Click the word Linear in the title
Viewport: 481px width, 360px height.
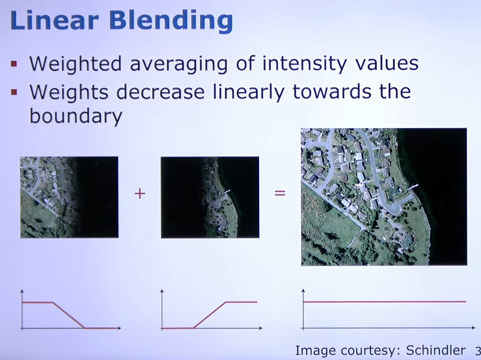[54, 20]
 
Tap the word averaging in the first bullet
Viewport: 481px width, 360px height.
[178, 64]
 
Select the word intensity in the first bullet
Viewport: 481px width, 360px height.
[305, 64]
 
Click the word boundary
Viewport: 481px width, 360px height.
[76, 116]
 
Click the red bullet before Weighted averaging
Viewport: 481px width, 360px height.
[14, 64]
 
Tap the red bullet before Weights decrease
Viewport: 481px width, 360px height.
[14, 92]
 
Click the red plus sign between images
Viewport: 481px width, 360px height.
[140, 194]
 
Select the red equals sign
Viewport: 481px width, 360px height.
[280, 193]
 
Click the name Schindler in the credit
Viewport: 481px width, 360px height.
[436, 350]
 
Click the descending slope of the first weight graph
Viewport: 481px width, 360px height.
[68, 315]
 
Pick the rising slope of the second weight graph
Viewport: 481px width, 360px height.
[210, 315]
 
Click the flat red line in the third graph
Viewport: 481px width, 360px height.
[385, 302]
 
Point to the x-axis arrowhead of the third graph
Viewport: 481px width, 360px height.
[473, 328]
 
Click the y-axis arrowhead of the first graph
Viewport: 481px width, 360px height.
[21, 291]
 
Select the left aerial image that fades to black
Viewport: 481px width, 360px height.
[70, 197]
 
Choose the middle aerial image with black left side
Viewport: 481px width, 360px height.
[210, 197]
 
